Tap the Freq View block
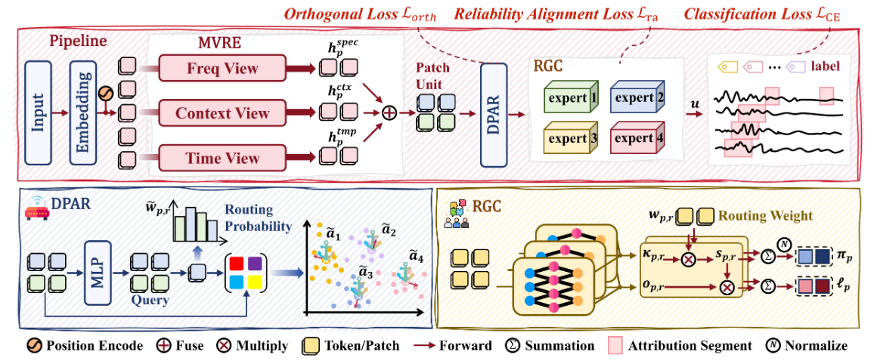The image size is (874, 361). point(222,69)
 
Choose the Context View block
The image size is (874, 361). point(222,113)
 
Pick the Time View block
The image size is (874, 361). point(222,157)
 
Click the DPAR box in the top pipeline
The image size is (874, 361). point(493,115)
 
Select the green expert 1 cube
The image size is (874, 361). point(567,97)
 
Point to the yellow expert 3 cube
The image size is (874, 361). point(567,137)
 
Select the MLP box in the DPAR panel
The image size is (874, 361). point(98,273)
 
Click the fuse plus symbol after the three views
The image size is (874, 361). point(388,113)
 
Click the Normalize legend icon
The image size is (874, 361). point(774,345)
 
